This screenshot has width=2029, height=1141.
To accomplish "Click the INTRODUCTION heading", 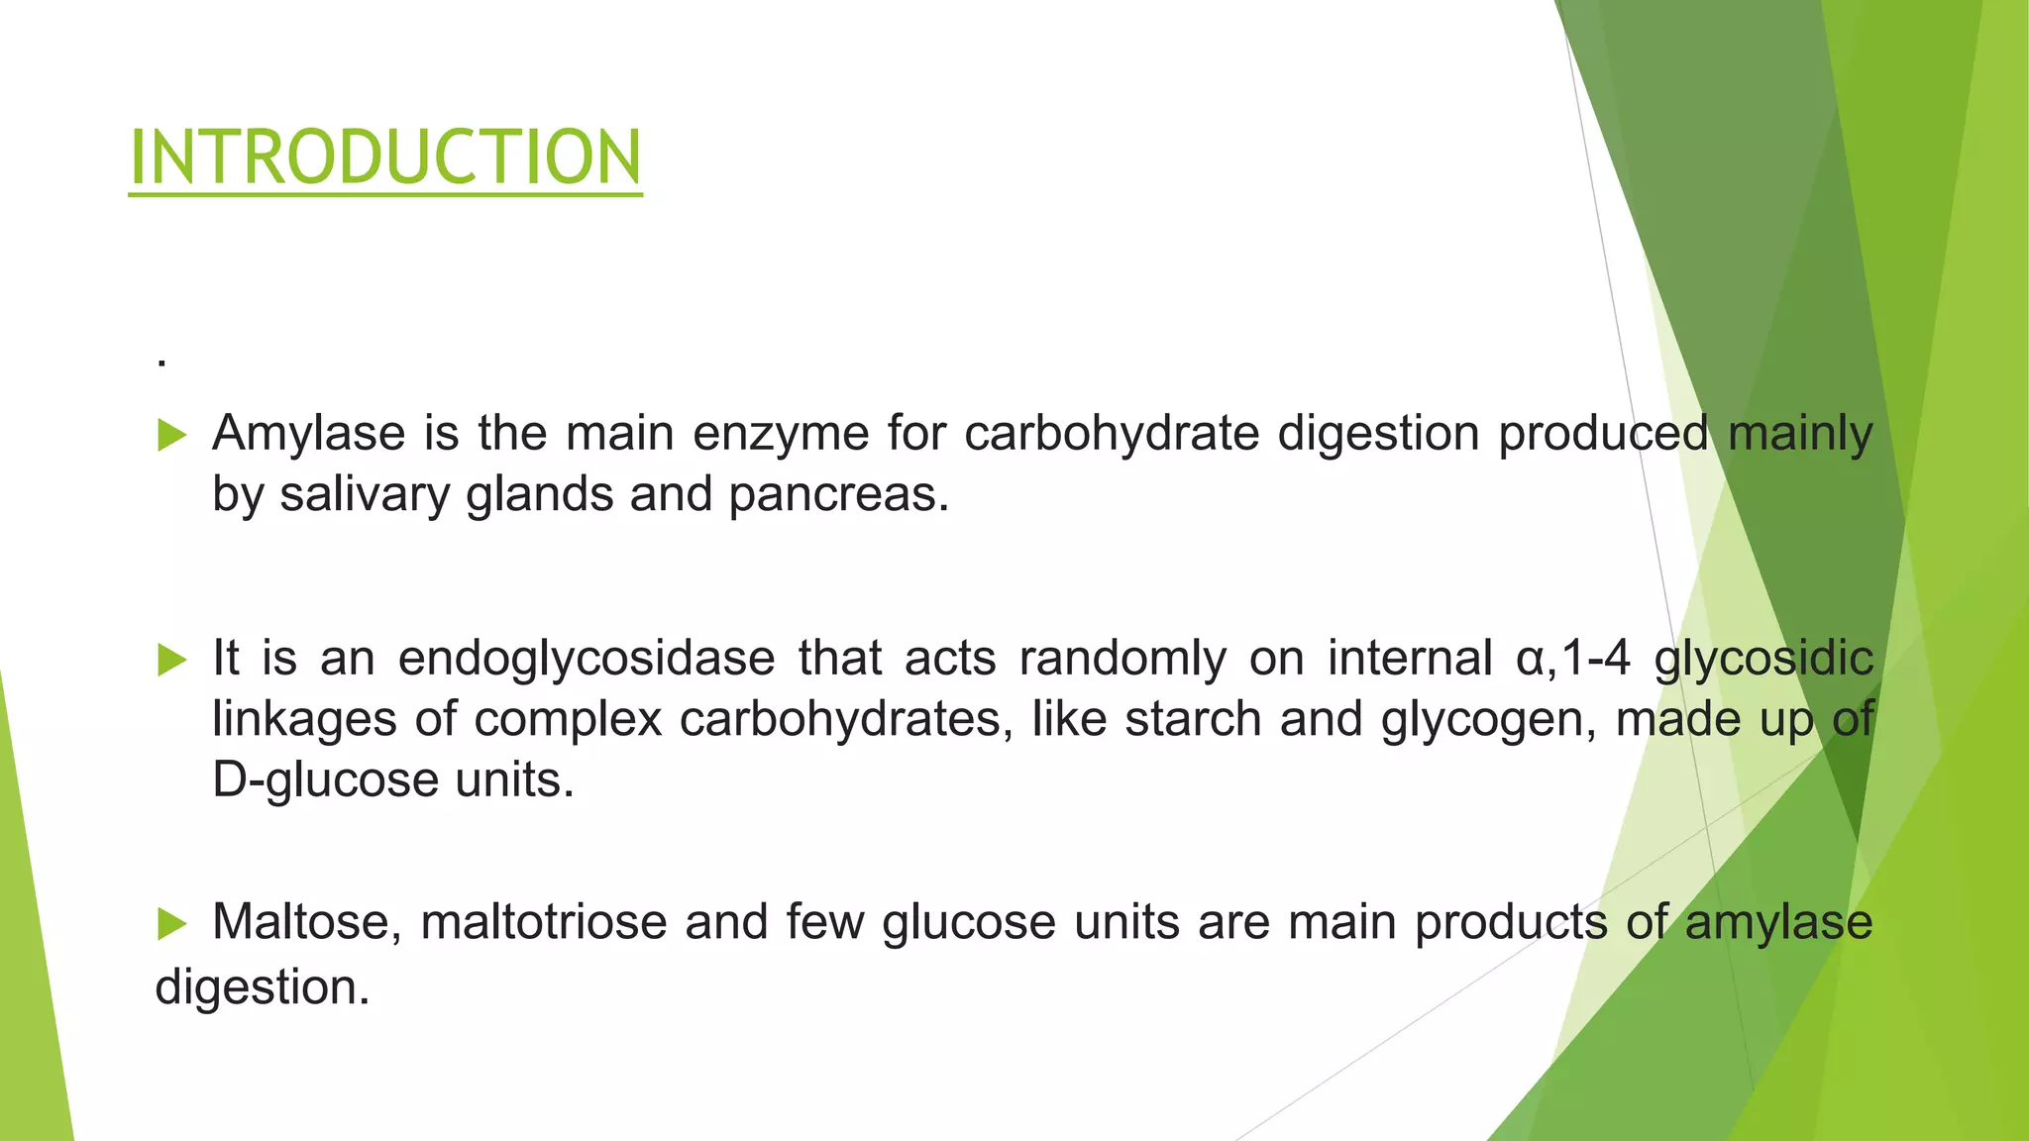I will [385, 157].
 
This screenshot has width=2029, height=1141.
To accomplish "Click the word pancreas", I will [838, 494].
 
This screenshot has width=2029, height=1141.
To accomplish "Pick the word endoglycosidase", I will [587, 659].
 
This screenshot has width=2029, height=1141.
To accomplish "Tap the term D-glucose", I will [325, 780].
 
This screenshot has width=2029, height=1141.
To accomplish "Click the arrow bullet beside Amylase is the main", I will [172, 435].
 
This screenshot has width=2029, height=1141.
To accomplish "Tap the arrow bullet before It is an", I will [172, 660].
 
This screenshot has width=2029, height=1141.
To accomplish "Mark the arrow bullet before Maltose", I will [172, 924].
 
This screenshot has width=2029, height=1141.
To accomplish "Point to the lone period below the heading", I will [161, 364].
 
